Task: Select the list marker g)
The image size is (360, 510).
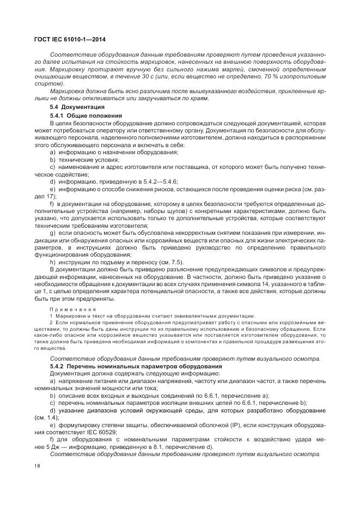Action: [x=53, y=233]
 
